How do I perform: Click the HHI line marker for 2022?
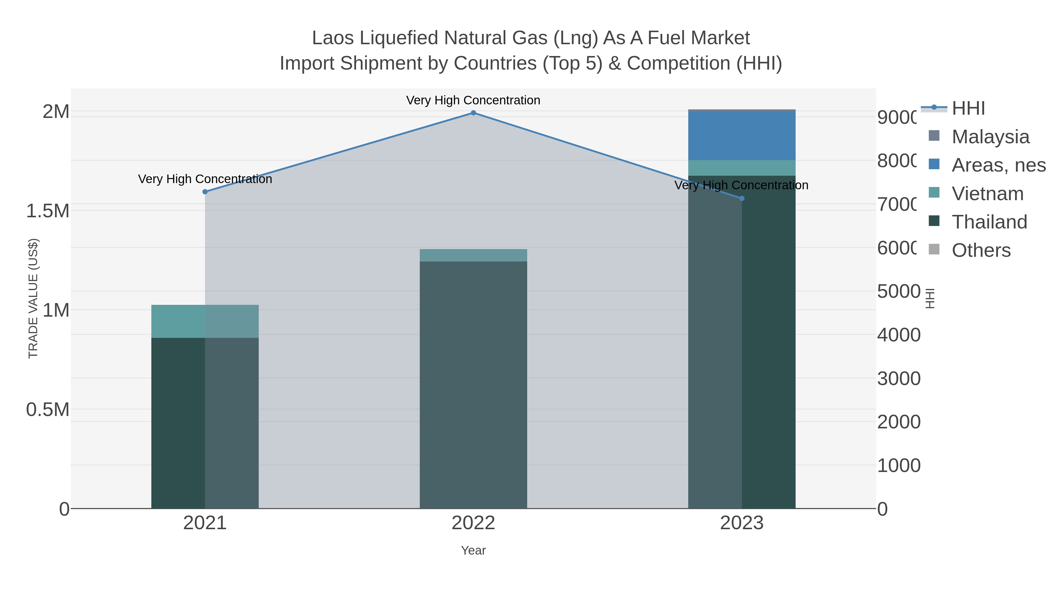[x=473, y=113]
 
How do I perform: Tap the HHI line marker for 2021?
[x=205, y=192]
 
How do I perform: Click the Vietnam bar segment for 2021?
[x=205, y=321]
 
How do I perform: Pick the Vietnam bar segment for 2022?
[x=473, y=255]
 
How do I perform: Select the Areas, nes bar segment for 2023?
[x=742, y=136]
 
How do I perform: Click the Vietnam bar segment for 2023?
[x=742, y=168]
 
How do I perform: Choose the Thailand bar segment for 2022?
[x=473, y=383]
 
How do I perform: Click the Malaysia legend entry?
[x=990, y=137]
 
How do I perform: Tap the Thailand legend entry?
[x=989, y=222]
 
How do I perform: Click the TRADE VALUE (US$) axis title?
[x=33, y=298]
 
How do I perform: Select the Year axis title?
[x=473, y=550]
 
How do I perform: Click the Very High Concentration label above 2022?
[x=473, y=100]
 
